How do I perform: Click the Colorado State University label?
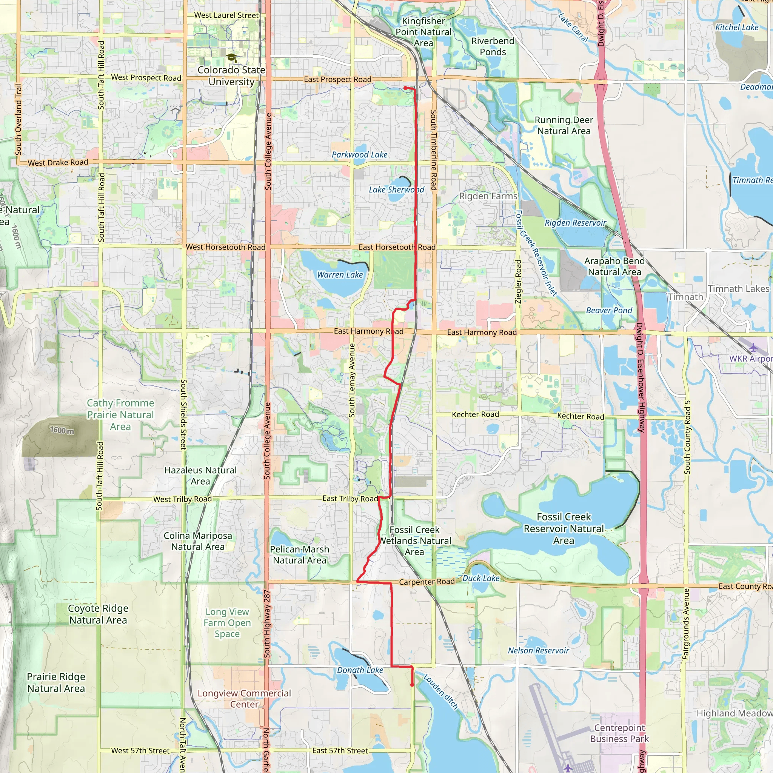point(231,75)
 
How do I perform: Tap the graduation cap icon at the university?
point(231,58)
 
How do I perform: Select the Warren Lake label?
point(340,275)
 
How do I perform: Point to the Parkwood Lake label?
point(359,155)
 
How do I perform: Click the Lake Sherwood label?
point(396,189)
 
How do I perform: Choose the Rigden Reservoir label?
point(575,223)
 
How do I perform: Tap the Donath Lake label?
point(360,670)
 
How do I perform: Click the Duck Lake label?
point(481,578)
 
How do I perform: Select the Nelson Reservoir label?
point(538,651)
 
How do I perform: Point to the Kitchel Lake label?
point(737,28)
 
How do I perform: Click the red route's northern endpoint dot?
point(405,88)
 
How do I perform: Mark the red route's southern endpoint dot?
point(412,685)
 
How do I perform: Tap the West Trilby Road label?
point(182,499)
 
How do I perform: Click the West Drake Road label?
point(58,162)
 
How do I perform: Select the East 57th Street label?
point(340,751)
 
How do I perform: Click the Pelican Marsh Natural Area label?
point(299,555)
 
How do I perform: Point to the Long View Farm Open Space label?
point(227,623)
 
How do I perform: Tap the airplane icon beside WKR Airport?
point(753,347)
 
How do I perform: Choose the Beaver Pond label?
point(609,311)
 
